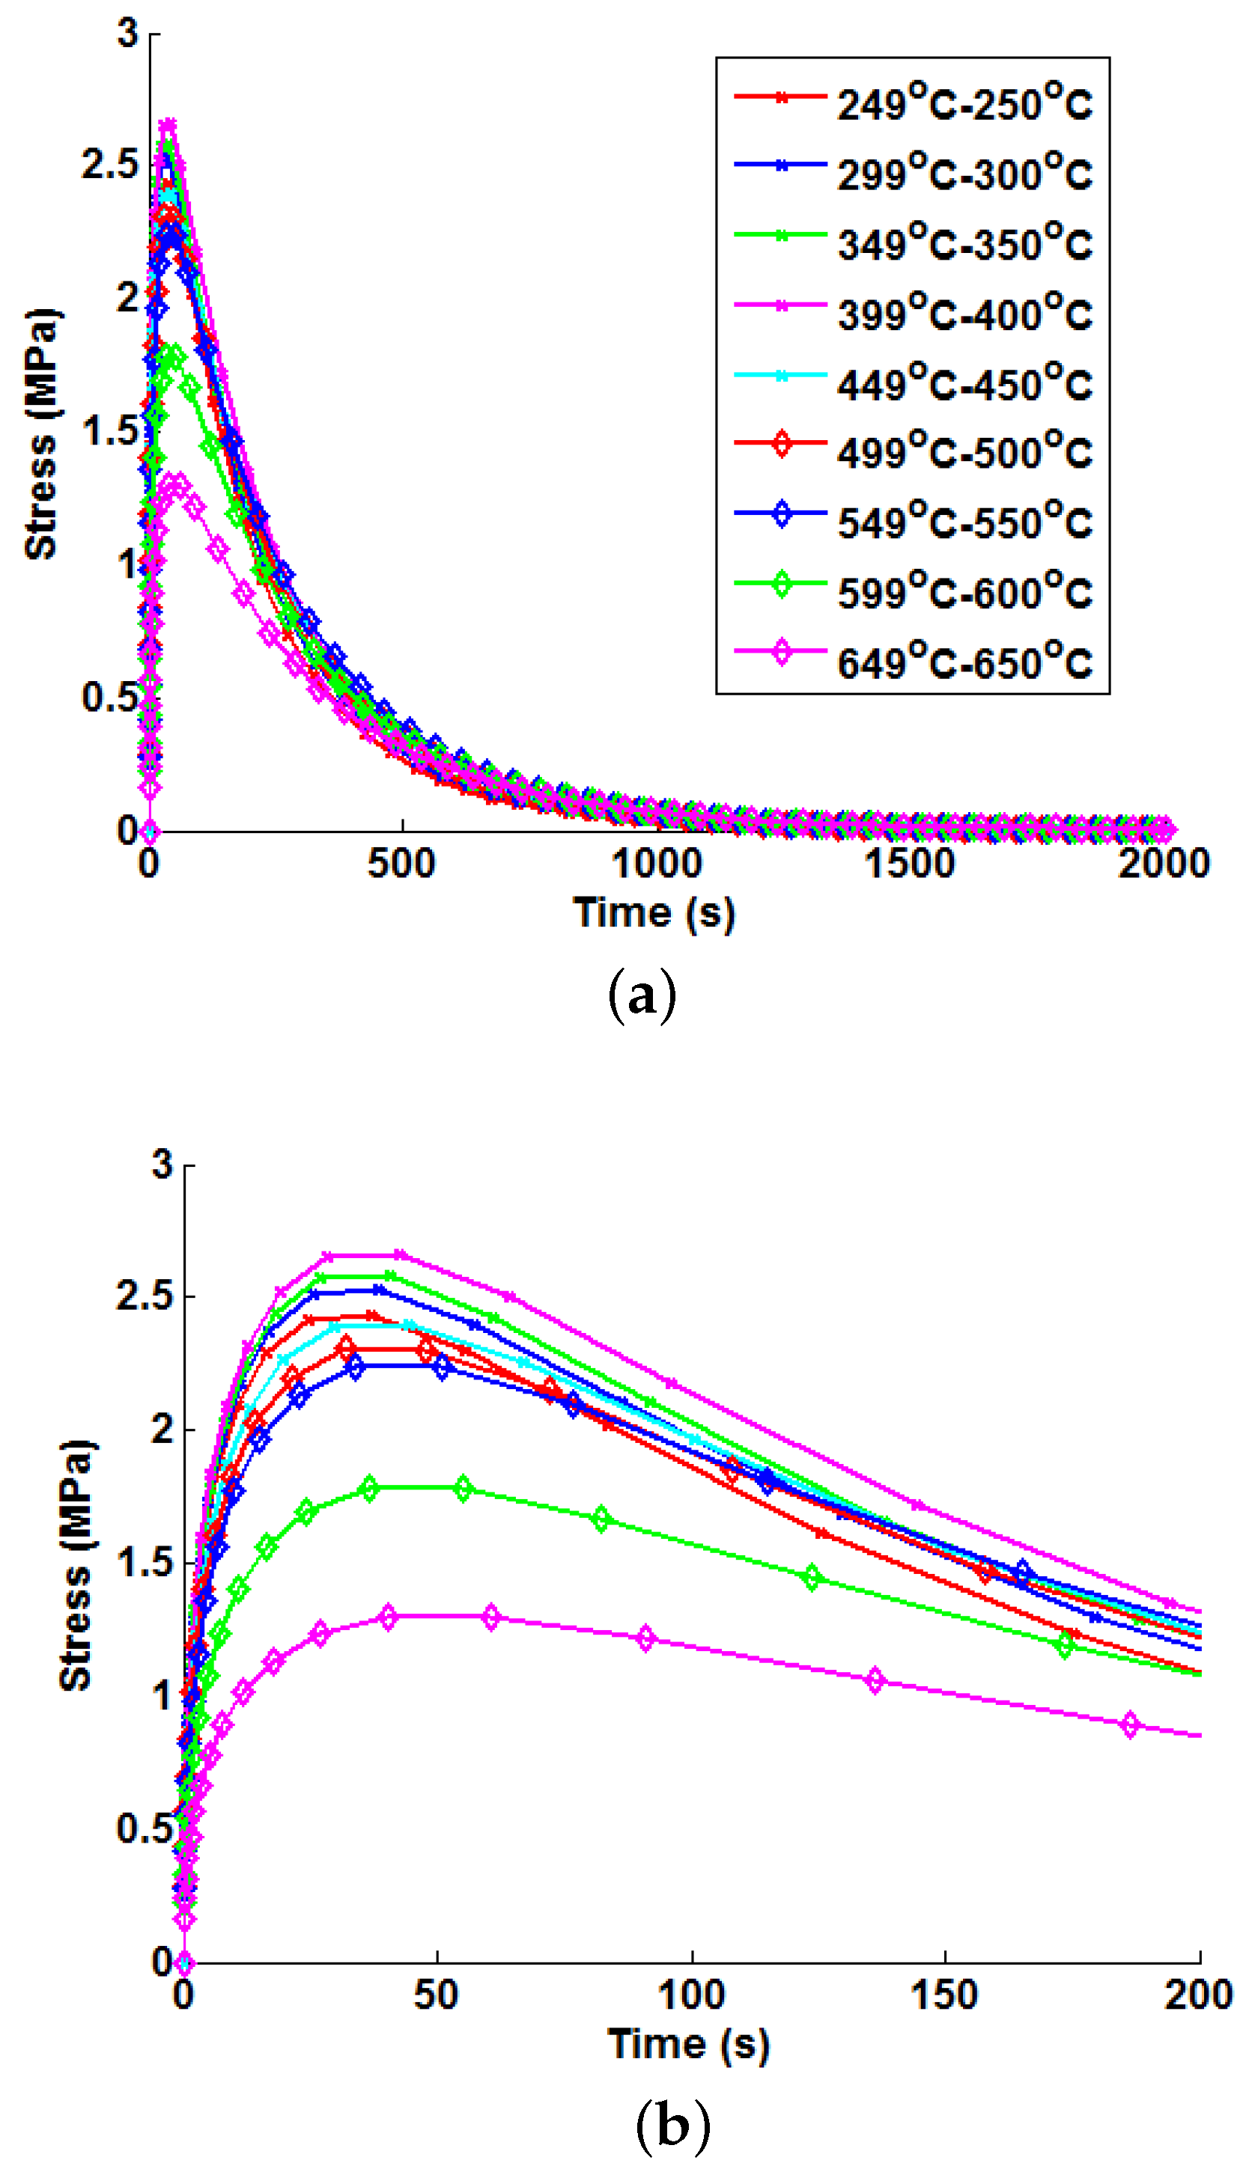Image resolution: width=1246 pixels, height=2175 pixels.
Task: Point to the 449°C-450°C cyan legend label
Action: pos(964,384)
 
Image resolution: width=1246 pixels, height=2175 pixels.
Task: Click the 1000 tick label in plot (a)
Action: pos(657,864)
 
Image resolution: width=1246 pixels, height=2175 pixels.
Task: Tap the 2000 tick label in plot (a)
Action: pos(1163,864)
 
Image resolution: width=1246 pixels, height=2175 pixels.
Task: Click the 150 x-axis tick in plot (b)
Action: pos(944,1995)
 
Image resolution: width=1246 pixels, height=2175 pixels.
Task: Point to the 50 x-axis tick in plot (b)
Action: pos(437,1995)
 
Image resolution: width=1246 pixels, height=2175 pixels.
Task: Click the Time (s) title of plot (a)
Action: pos(654,913)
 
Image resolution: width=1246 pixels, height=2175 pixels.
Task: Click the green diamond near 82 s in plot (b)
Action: pos(601,1520)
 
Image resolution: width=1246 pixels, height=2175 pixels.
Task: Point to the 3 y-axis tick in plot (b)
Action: pos(162,1165)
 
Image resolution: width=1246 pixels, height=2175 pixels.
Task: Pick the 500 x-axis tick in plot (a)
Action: pos(401,864)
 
